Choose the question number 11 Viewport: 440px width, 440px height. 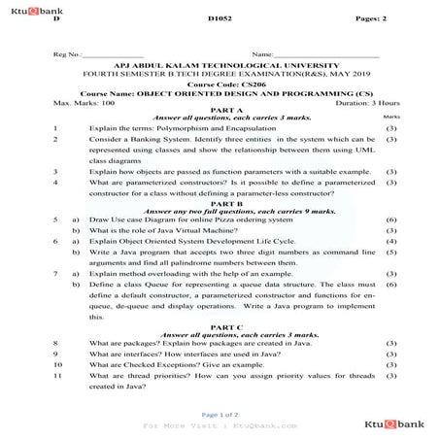pos(59,375)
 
